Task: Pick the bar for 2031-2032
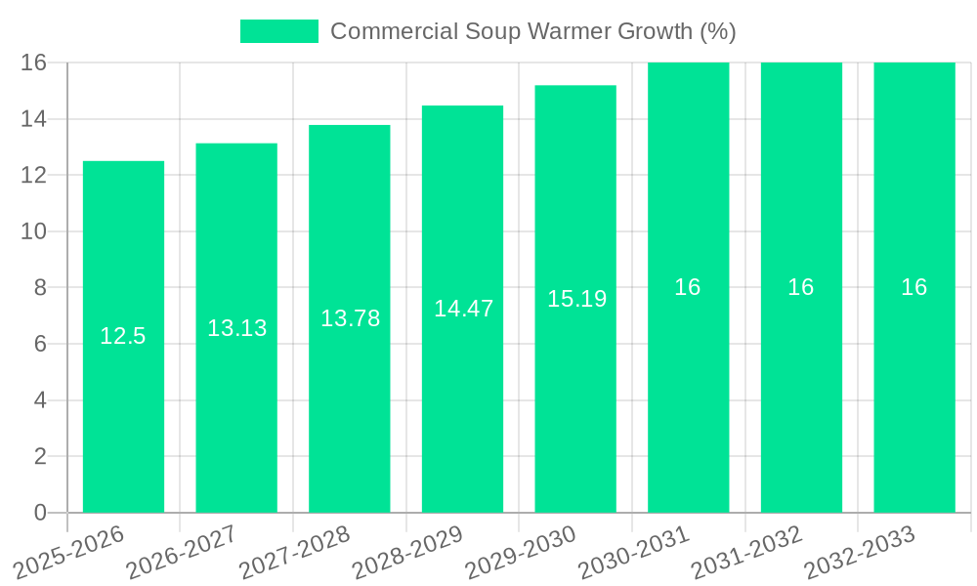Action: tap(801, 391)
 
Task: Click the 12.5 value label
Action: tap(123, 337)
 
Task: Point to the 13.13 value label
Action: tap(236, 328)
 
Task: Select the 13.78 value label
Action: tap(350, 318)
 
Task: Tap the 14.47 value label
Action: tap(463, 309)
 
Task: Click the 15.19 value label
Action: tap(576, 299)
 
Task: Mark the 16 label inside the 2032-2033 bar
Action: tap(914, 287)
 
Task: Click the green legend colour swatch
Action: tap(279, 31)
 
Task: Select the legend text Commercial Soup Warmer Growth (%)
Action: tap(532, 31)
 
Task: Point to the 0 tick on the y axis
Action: tap(40, 513)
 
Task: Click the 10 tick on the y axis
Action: tap(33, 231)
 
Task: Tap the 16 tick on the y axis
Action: tap(33, 63)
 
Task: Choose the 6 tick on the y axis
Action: tap(40, 344)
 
